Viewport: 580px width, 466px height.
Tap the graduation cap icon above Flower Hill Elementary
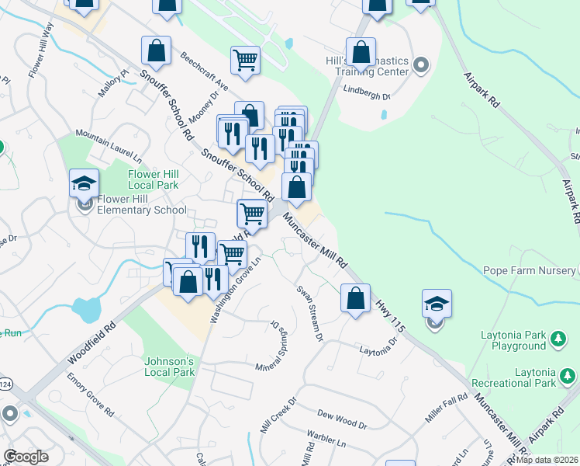coord(84,184)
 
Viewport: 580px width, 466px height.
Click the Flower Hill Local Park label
coord(154,179)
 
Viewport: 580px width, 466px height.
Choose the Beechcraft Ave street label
coord(205,71)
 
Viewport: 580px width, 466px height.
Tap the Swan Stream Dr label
coord(309,312)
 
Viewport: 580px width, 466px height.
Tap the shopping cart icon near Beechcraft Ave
coord(245,59)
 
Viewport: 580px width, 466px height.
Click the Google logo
coord(26,457)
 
